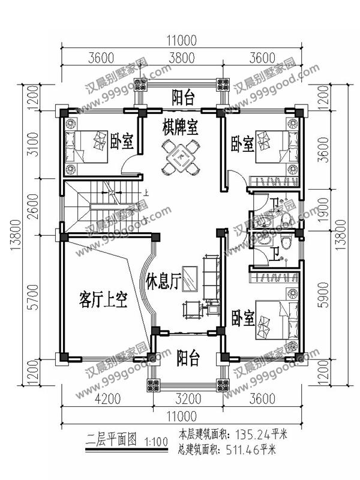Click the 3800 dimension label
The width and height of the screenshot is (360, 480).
point(181,58)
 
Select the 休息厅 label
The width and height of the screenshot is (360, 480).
point(163,282)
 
